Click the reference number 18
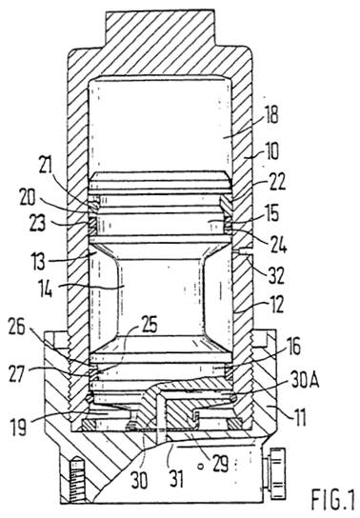click(x=271, y=115)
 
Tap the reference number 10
click(x=271, y=151)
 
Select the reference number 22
click(x=277, y=182)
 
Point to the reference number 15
click(x=271, y=212)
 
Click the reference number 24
click(x=279, y=245)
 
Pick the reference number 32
click(x=276, y=276)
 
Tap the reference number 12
click(x=276, y=305)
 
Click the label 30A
click(x=305, y=382)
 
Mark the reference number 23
click(x=36, y=224)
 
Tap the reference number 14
click(x=45, y=289)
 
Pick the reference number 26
click(x=17, y=328)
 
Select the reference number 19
click(x=18, y=427)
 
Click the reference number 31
click(x=176, y=478)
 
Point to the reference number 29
click(x=220, y=464)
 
